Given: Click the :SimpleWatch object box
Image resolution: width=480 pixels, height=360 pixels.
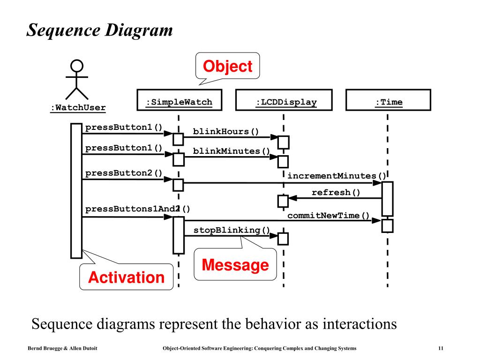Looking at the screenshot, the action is pyautogui.click(x=180, y=100).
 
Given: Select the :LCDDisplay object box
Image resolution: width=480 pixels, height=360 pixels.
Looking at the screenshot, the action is pyautogui.click(x=284, y=100).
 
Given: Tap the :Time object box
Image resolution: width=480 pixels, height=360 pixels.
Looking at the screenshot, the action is pyautogui.click(x=388, y=100).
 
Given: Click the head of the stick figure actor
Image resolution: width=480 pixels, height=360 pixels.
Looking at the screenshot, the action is pyautogui.click(x=77, y=66).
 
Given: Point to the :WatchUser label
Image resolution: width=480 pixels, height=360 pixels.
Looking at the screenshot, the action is pyautogui.click(x=78, y=108).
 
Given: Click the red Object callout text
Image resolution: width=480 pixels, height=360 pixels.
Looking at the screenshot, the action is pyautogui.click(x=227, y=67).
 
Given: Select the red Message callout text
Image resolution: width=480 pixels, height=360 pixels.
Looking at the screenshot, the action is pyautogui.click(x=235, y=265).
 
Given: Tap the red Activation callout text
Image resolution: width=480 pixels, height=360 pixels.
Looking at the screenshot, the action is pyautogui.click(x=126, y=277).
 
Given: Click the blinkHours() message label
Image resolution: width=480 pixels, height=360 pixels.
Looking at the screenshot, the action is pyautogui.click(x=226, y=131).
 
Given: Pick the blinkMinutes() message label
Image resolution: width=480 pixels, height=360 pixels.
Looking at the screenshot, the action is pyautogui.click(x=231, y=151).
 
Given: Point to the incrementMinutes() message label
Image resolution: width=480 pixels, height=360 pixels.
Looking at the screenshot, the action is pyautogui.click(x=337, y=176).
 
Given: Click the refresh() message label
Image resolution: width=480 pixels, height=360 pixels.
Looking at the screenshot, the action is pyautogui.click(x=336, y=192).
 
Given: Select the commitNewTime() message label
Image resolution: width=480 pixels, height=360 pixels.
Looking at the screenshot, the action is pyautogui.click(x=328, y=216).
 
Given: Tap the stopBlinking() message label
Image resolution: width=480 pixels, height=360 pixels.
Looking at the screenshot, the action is pyautogui.click(x=232, y=230).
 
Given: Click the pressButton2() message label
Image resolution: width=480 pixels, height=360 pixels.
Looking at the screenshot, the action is pyautogui.click(x=124, y=173).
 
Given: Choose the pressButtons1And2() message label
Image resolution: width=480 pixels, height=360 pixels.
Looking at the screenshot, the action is pyautogui.click(x=137, y=209).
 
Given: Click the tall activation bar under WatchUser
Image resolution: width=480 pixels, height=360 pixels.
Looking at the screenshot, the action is pyautogui.click(x=76, y=191).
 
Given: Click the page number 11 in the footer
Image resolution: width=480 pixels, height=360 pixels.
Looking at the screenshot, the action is pyautogui.click(x=441, y=348).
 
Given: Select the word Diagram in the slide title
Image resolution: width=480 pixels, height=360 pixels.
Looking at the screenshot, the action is pyautogui.click(x=139, y=30).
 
